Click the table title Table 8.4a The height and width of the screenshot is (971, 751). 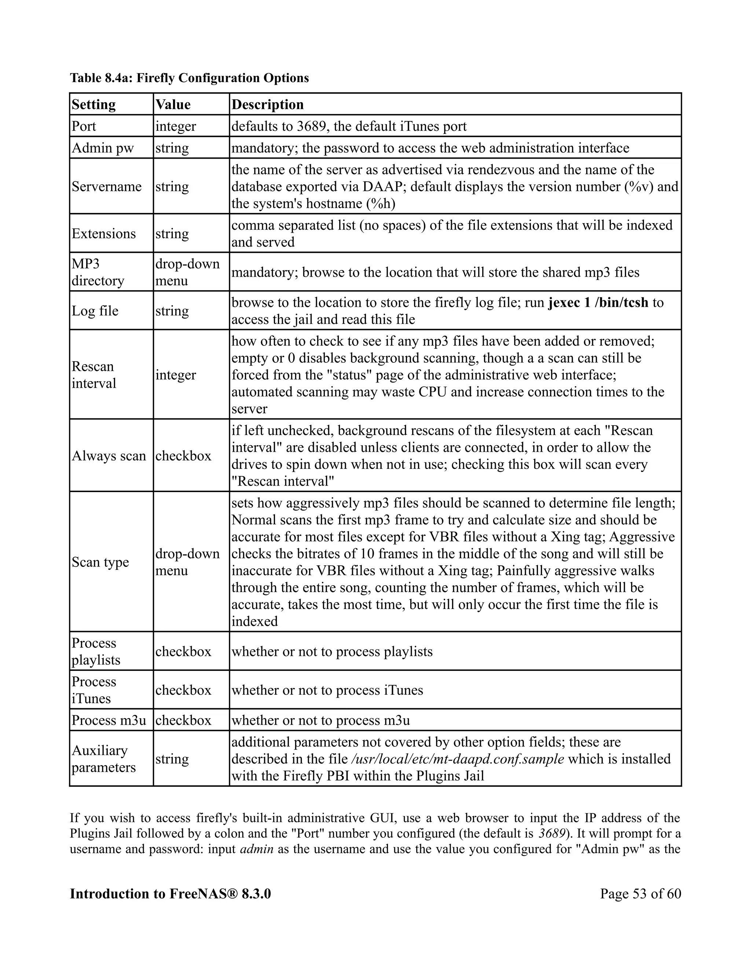pos(189,78)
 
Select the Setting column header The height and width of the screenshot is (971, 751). pos(94,104)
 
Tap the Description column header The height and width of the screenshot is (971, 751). pos(267,104)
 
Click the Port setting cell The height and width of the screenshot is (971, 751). pos(84,126)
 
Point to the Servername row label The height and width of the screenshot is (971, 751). pos(106,186)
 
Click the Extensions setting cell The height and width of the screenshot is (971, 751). pos(104,234)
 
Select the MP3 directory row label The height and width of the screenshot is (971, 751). pos(98,272)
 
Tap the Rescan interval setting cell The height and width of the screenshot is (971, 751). pos(94,375)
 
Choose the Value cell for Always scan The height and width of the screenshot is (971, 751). pos(183,456)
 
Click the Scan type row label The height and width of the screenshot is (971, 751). pos(100,562)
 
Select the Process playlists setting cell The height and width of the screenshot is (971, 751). pos(96,651)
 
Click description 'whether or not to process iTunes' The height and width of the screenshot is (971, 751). pos(327,690)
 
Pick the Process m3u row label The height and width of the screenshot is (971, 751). pos(109,720)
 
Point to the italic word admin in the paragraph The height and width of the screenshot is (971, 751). pos(256,849)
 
